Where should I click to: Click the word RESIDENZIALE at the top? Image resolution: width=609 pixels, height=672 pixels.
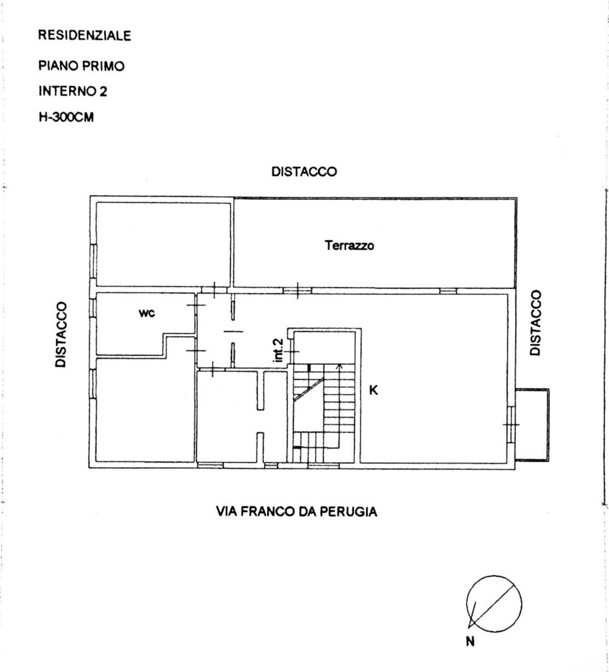[x=85, y=36]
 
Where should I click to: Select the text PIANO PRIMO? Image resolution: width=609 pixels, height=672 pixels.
[x=81, y=66]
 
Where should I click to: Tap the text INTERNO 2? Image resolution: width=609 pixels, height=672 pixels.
[x=73, y=91]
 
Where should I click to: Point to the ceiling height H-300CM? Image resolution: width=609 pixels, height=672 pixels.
[x=66, y=117]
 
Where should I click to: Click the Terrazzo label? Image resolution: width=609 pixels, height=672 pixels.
[x=350, y=245]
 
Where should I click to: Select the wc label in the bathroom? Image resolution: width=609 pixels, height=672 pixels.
[x=147, y=313]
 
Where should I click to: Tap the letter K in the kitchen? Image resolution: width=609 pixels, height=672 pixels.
[x=374, y=390]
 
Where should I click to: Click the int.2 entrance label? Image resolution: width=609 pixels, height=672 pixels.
[x=278, y=350]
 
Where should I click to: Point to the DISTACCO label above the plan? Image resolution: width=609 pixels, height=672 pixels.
[x=304, y=172]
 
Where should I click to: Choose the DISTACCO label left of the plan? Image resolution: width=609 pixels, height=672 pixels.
[x=62, y=334]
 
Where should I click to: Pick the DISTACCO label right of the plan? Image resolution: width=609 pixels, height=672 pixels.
[x=536, y=323]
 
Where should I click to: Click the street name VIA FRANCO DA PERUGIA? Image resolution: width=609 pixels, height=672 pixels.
[x=296, y=512]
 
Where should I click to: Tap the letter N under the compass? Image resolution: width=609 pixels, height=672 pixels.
[x=470, y=642]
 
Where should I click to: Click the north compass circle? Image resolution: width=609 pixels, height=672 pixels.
[x=494, y=603]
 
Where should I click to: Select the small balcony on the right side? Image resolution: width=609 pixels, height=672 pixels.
[x=532, y=425]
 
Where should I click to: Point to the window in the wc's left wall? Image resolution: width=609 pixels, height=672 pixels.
[x=93, y=307]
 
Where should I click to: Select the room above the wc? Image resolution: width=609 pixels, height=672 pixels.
[x=163, y=243]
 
